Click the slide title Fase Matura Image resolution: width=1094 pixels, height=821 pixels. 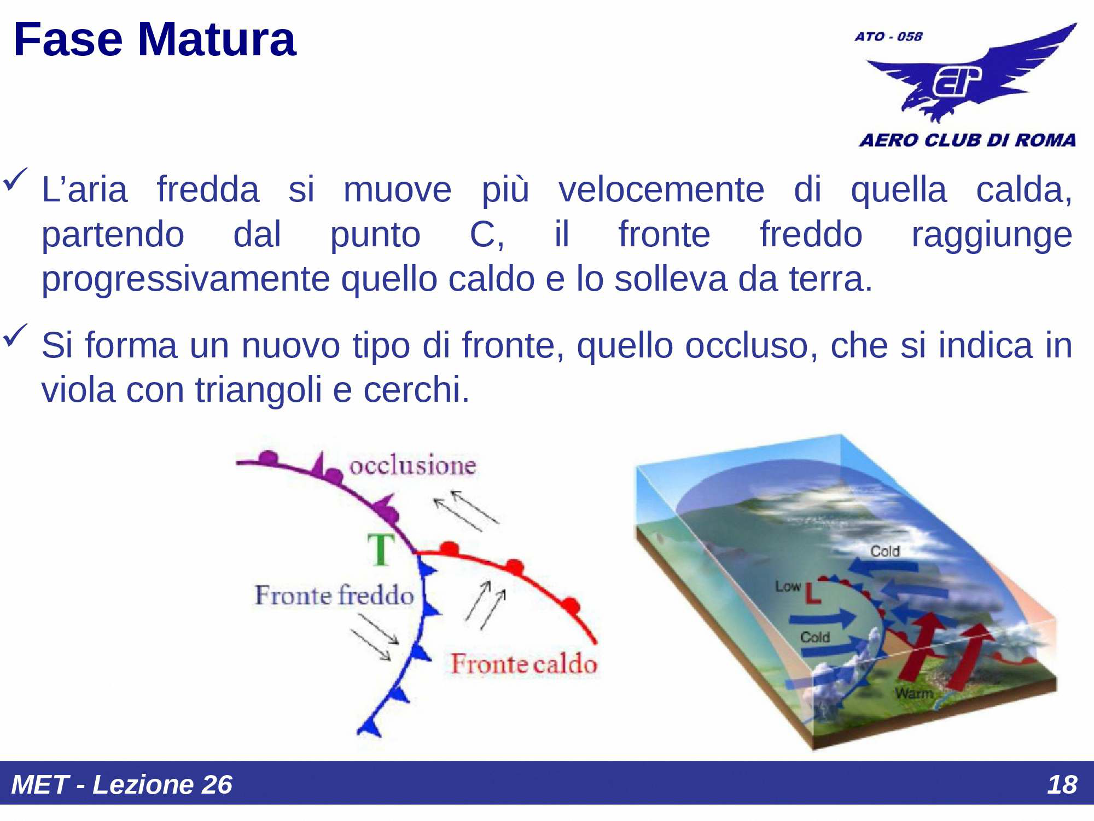click(154, 39)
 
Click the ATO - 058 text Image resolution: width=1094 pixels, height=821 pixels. click(888, 37)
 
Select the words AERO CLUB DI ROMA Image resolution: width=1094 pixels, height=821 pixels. click(967, 140)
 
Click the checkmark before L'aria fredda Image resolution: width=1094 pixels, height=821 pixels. click(15, 180)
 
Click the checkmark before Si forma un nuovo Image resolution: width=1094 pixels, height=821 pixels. click(15, 335)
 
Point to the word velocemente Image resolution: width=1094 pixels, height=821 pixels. click(661, 190)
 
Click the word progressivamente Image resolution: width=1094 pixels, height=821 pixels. click(186, 279)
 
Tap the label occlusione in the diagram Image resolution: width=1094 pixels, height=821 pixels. click(412, 466)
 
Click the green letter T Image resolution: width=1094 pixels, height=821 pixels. click(381, 550)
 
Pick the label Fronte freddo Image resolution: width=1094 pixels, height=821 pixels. click(334, 595)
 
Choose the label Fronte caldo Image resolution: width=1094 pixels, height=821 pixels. click(523, 664)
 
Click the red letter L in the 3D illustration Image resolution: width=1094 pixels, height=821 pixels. click(813, 593)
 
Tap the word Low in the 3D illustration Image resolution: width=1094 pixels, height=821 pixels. click(788, 586)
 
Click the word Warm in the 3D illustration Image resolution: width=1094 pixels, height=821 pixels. click(913, 693)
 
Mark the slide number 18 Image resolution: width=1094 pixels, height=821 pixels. click(1061, 784)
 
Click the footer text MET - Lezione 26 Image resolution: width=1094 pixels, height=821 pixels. click(121, 784)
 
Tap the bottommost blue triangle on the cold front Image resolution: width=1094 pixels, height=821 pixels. click(372, 727)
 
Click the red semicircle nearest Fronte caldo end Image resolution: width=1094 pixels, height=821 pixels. click(571, 605)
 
